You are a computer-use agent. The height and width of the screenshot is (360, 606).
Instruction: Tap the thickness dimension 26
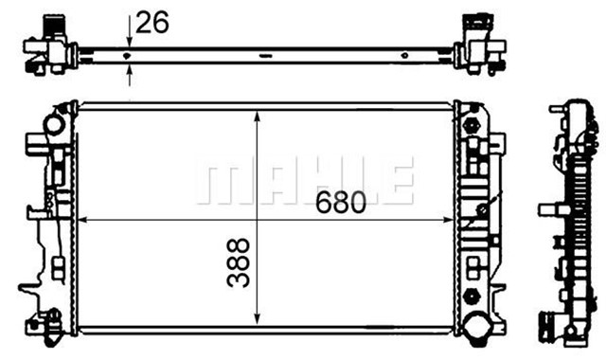[x=151, y=22]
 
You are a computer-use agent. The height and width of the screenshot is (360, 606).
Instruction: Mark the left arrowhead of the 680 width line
[x=83, y=221]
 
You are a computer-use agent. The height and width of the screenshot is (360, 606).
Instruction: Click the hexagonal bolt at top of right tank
[x=471, y=122]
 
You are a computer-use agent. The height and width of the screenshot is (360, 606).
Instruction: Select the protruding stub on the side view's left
[x=546, y=209]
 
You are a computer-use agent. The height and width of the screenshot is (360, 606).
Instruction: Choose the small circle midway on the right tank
[x=482, y=209]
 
